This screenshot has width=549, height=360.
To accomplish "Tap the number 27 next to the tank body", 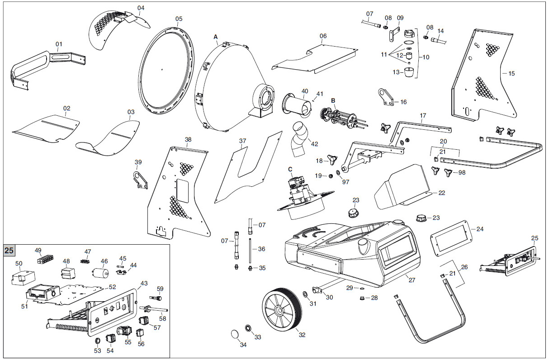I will [412, 280].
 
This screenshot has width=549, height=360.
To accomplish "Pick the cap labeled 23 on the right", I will [421, 218].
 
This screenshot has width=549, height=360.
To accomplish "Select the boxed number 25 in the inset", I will [9, 250].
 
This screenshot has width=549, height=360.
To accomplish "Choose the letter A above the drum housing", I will [216, 36].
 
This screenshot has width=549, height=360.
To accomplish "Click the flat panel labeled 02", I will [45, 128].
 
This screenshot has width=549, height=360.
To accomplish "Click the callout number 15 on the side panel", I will [511, 73].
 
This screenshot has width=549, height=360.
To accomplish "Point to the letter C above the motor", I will [290, 169].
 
